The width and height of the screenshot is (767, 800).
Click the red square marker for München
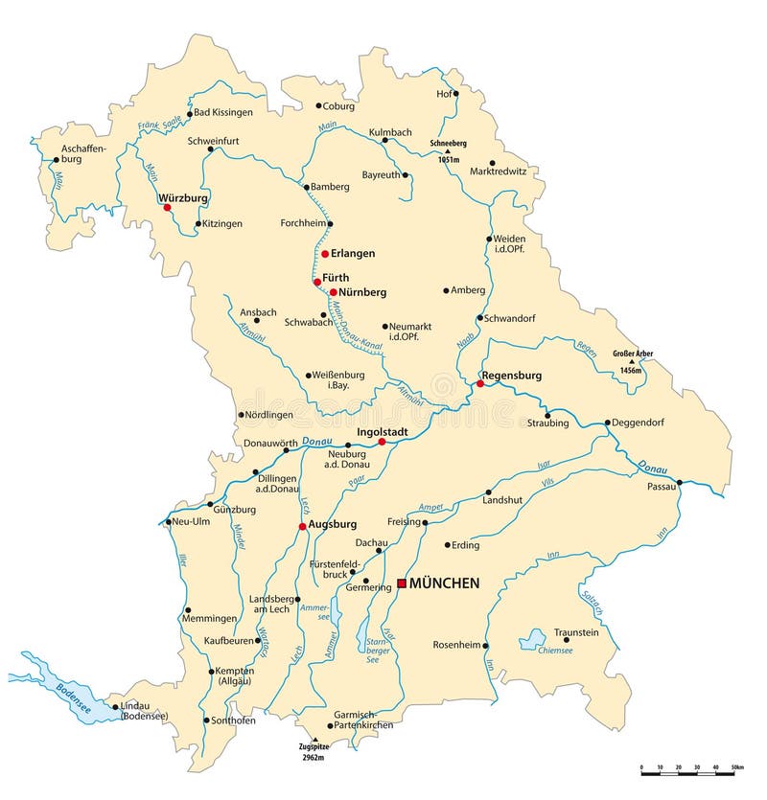[402, 583]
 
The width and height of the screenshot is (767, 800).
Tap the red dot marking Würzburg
[167, 207]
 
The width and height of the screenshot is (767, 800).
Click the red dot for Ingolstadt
[382, 442]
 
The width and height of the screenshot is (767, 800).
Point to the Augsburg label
[333, 525]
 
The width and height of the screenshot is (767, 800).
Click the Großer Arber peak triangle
[631, 360]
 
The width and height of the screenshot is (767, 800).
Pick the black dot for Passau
[679, 482]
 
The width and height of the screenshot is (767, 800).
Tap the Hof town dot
[456, 94]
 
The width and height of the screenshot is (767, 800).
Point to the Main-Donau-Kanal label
[357, 331]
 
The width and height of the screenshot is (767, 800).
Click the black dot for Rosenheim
[485, 645]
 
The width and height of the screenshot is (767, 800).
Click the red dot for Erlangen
[325, 254]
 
